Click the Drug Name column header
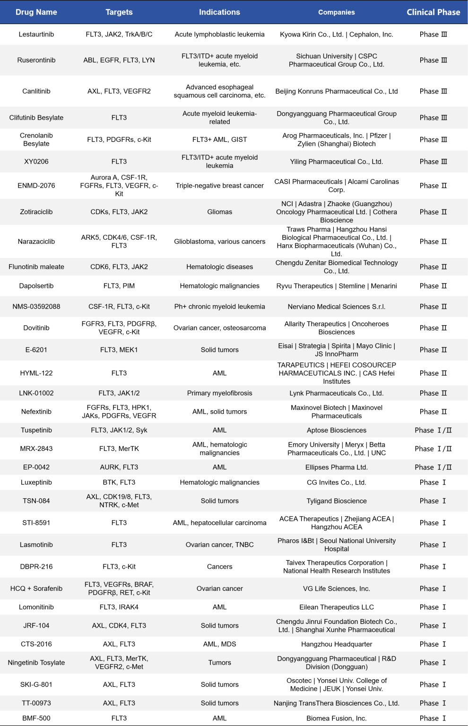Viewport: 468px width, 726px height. pyautogui.click(x=36, y=12)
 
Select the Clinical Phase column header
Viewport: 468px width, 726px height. pyautogui.click(x=433, y=12)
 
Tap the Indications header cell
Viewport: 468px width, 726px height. pyautogui.click(x=219, y=12)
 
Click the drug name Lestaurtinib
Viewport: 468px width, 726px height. pyautogui.click(x=36, y=35)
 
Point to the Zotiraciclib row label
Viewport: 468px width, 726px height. pyautogui.click(x=36, y=212)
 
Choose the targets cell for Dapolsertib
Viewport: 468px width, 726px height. pyautogui.click(x=119, y=286)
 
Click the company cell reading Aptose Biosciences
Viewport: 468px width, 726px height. pyautogui.click(x=336, y=430)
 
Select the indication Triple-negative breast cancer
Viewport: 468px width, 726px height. pyautogui.click(x=219, y=186)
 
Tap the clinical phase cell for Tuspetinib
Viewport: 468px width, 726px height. pyautogui.click(x=433, y=430)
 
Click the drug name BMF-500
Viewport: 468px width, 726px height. pyautogui.click(x=36, y=718)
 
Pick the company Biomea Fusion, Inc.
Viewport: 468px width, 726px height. pyautogui.click(x=336, y=718)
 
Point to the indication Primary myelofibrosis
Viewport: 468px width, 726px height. pyautogui.click(x=219, y=393)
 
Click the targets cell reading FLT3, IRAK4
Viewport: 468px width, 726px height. pyautogui.click(x=119, y=607)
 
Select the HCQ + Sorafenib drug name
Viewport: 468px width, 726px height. pyautogui.click(x=36, y=588)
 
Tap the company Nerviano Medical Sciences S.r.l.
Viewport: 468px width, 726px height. pyautogui.click(x=336, y=307)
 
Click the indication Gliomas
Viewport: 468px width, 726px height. pyautogui.click(x=219, y=212)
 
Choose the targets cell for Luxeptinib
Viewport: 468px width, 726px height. pyautogui.click(x=119, y=482)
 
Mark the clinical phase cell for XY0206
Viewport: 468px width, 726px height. pyautogui.click(x=433, y=162)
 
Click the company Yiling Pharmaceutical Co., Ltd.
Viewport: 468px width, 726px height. pyautogui.click(x=336, y=162)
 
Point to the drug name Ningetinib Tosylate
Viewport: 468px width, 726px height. pyautogui.click(x=36, y=663)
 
